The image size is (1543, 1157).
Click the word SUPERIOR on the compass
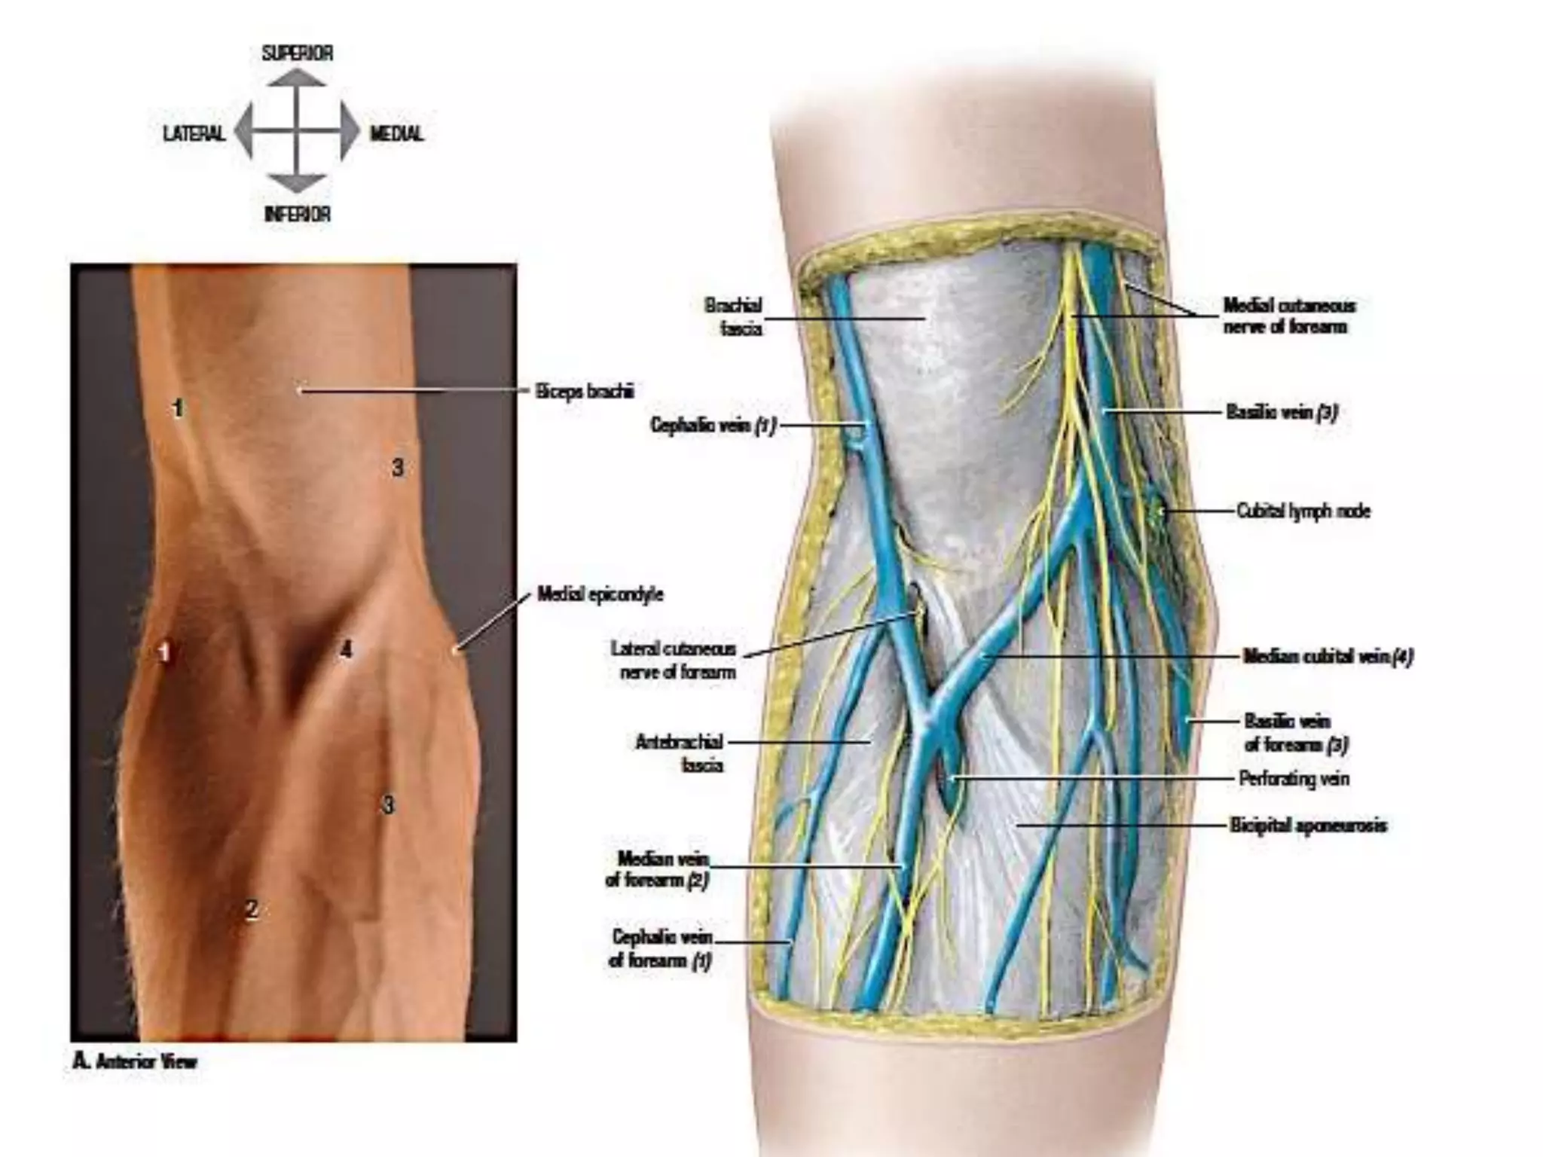tap(297, 53)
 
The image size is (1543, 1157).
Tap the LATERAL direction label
tap(194, 134)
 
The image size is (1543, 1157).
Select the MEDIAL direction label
tap(396, 134)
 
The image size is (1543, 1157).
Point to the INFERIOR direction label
tap(297, 214)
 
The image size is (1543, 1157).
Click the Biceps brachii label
tap(585, 391)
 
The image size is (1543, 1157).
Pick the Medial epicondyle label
tap(600, 594)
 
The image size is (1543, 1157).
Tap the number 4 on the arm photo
tap(346, 649)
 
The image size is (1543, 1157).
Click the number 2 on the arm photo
tap(252, 910)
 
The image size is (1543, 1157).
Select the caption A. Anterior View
tap(135, 1062)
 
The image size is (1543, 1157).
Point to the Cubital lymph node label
tap(1303, 511)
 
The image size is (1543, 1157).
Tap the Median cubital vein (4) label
tap(1328, 656)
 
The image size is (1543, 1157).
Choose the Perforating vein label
tap(1294, 778)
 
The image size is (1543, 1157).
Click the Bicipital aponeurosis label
tap(1308, 826)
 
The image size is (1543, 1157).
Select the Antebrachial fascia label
tap(680, 753)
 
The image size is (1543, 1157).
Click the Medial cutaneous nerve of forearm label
tap(1288, 316)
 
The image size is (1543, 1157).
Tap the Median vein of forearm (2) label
tap(658, 869)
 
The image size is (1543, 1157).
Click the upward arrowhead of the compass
tap(297, 77)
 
